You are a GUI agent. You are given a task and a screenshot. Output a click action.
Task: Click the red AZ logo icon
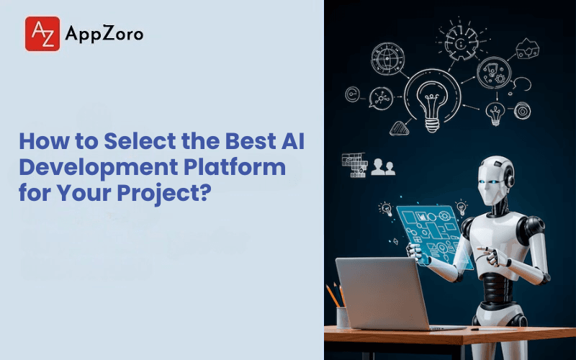[x=42, y=34]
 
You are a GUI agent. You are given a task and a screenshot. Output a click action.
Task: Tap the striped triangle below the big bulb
[x=399, y=129]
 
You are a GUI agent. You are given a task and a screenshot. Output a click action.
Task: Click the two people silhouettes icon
[x=382, y=166]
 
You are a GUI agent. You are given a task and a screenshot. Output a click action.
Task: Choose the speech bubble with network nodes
[x=379, y=99]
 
